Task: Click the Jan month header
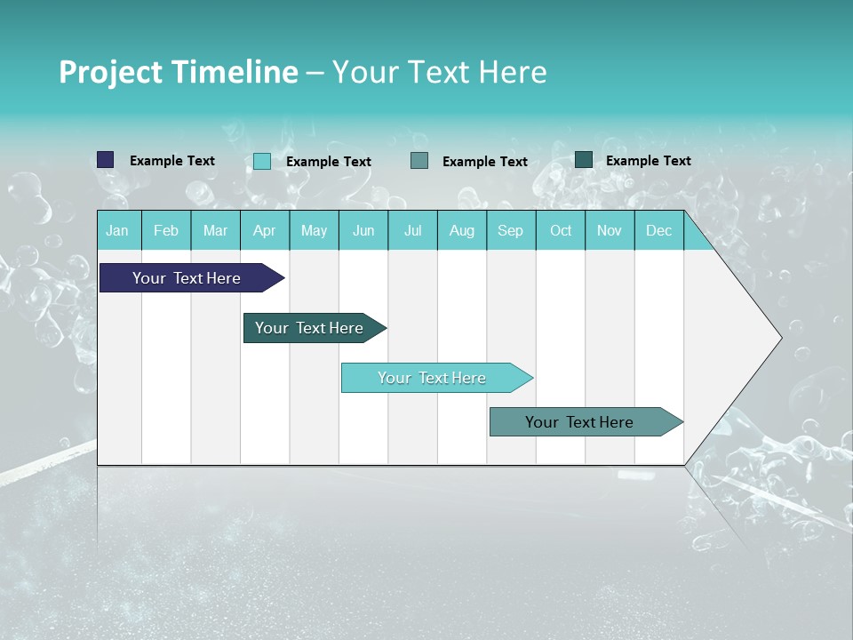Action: click(x=117, y=230)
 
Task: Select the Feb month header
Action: click(x=166, y=230)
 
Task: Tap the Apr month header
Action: click(x=264, y=230)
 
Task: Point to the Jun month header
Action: click(x=363, y=230)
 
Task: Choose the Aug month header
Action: click(x=461, y=230)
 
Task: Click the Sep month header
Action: click(x=510, y=230)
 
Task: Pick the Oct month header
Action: click(x=561, y=230)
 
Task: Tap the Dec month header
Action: click(x=658, y=230)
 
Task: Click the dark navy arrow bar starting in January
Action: click(x=187, y=278)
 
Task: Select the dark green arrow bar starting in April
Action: click(x=309, y=328)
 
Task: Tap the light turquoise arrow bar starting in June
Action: click(x=432, y=378)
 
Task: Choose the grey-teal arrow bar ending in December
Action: click(x=579, y=422)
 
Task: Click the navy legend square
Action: click(x=106, y=160)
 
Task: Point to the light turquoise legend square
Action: click(x=262, y=161)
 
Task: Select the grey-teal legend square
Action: click(x=419, y=161)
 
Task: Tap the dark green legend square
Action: click(x=584, y=160)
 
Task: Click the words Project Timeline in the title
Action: click(x=178, y=72)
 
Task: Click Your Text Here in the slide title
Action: click(x=439, y=72)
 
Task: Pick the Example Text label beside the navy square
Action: click(x=172, y=161)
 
